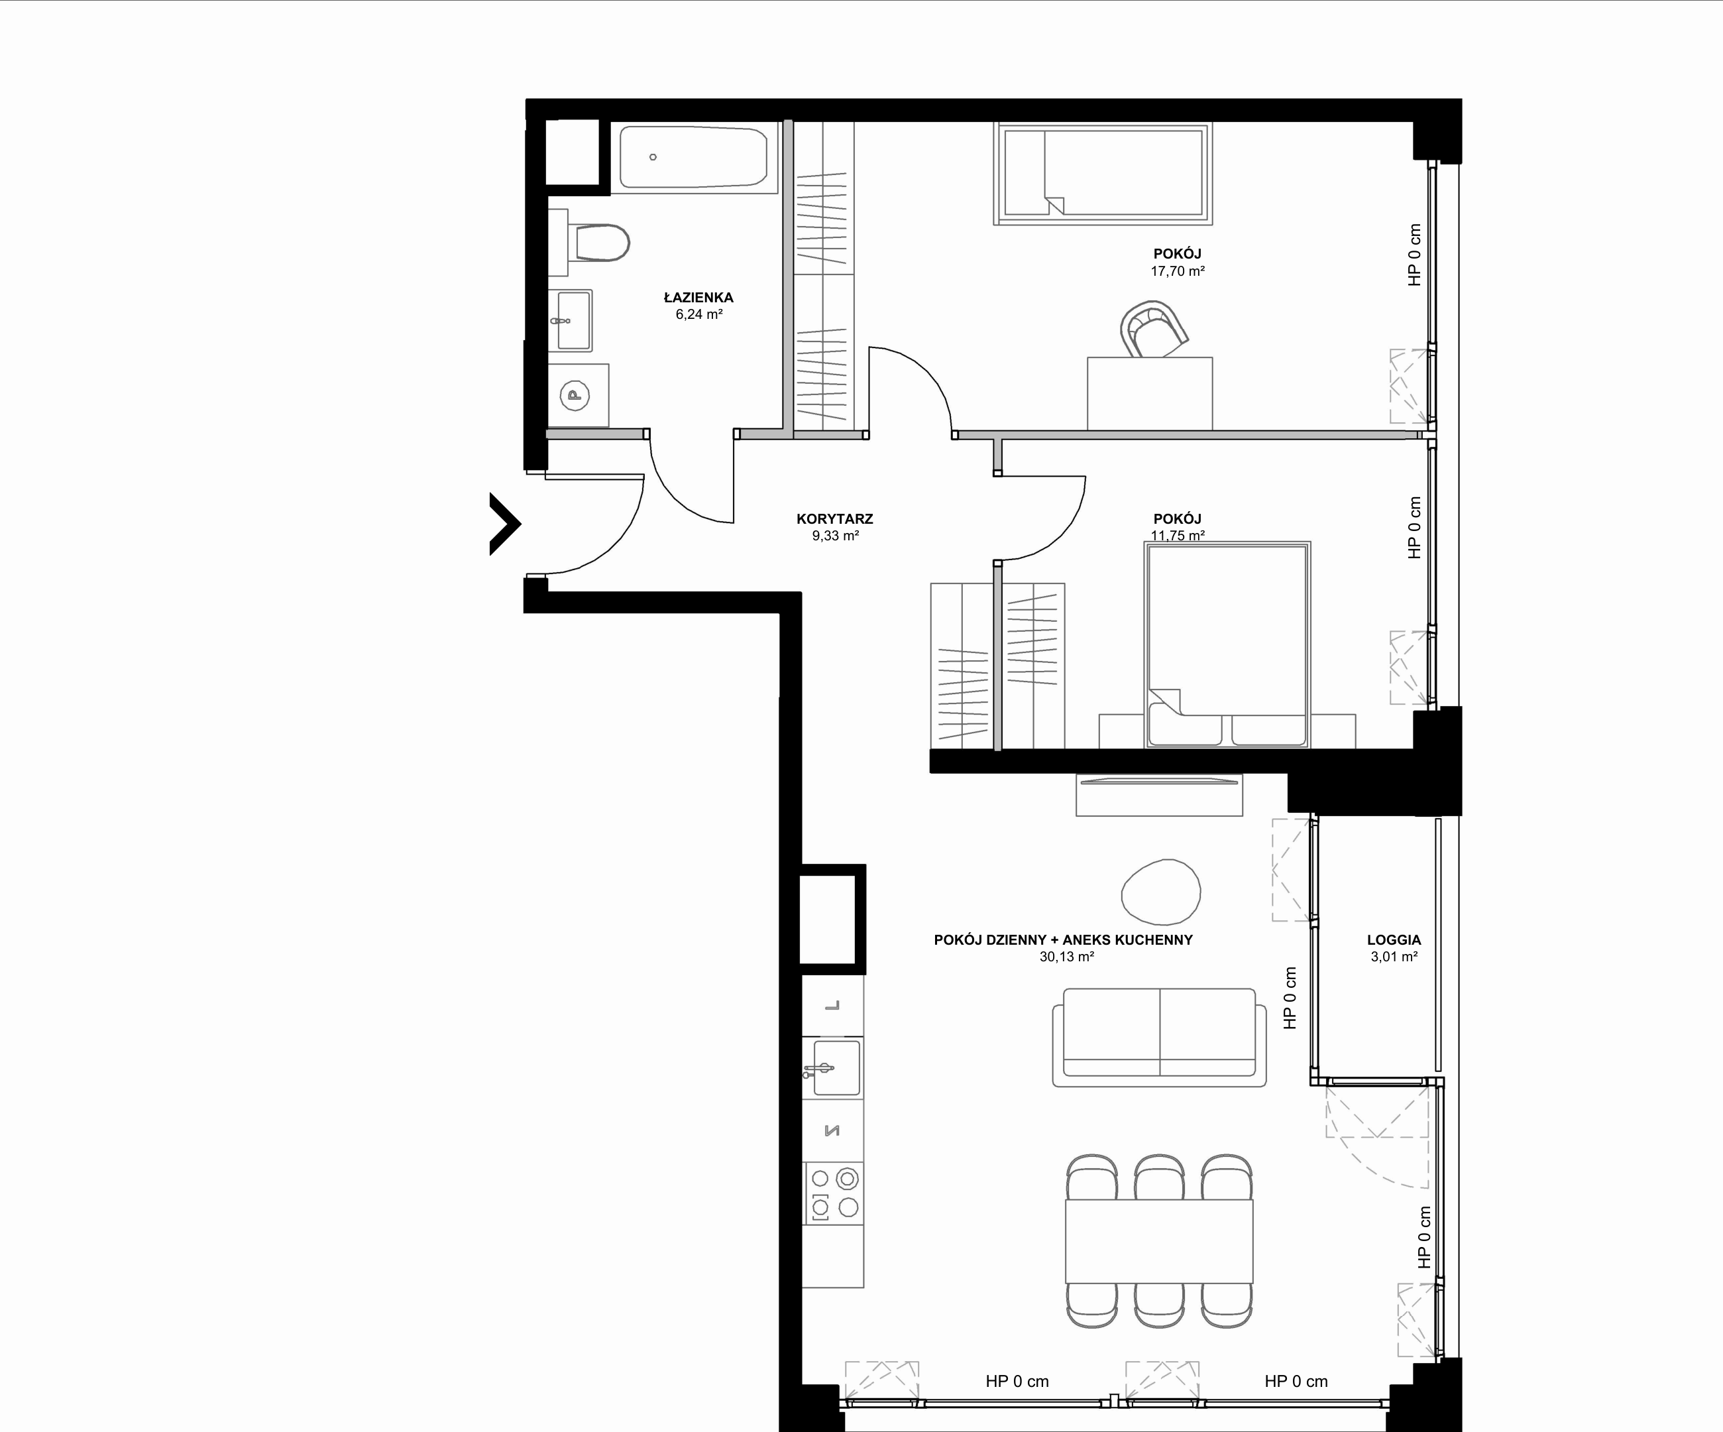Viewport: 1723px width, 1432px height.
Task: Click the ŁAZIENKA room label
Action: point(698,298)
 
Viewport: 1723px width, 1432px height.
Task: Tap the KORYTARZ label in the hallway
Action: point(834,518)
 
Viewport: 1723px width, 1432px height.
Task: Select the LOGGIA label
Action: point(1394,939)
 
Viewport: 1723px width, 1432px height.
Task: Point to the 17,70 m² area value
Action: point(1178,270)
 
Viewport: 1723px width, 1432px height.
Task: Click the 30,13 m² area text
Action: point(1067,957)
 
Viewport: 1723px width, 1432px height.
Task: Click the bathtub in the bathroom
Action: point(693,158)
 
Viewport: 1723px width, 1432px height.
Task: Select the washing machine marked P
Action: point(578,396)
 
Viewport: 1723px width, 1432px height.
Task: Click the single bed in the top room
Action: point(1102,174)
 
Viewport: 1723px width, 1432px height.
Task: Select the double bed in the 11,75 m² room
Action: point(1227,645)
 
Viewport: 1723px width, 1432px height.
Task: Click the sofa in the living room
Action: point(1159,1038)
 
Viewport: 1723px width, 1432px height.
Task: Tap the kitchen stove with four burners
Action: point(833,1194)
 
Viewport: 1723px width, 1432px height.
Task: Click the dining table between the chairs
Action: point(1159,1242)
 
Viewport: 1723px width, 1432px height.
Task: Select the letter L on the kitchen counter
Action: point(832,1005)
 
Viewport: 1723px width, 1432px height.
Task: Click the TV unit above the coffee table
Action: point(1159,794)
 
